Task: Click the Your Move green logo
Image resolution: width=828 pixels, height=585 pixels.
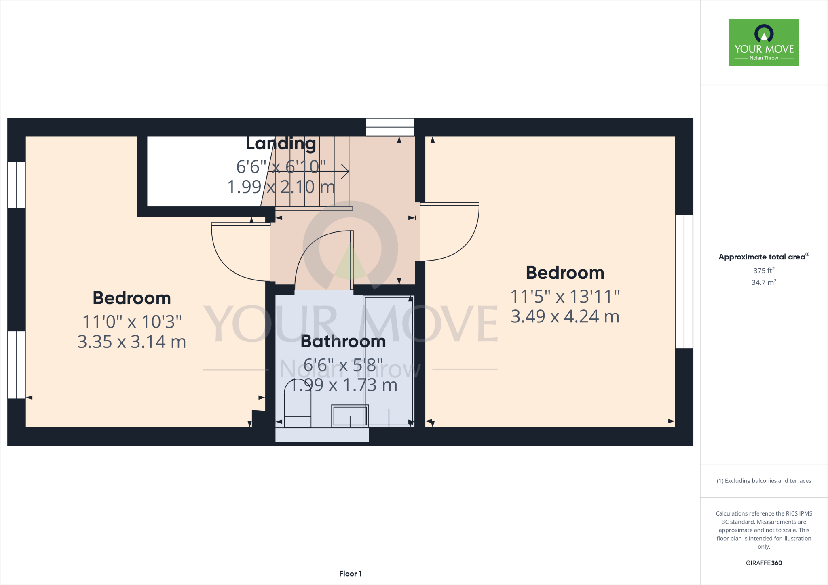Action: click(764, 42)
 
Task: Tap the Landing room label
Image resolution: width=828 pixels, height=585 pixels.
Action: click(281, 143)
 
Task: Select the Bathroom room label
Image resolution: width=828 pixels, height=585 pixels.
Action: click(343, 342)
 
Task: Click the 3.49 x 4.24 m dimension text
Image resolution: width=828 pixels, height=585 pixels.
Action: click(565, 316)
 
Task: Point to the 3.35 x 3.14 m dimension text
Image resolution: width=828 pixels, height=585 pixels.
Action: click(132, 342)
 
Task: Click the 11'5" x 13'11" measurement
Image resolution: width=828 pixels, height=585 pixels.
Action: click(565, 297)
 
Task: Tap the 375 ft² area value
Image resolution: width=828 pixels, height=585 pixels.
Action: click(764, 270)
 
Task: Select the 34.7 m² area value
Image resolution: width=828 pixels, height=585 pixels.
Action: click(764, 282)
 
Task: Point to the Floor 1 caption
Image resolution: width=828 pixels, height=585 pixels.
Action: click(350, 574)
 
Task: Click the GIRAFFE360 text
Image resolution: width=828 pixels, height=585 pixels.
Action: click(764, 563)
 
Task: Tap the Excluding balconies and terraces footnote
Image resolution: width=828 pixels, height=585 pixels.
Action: click(764, 481)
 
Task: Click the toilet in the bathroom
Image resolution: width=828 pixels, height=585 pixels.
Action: click(298, 404)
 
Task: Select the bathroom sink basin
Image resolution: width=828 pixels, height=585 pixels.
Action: click(350, 416)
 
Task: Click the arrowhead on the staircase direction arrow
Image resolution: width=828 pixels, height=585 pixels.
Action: click(346, 171)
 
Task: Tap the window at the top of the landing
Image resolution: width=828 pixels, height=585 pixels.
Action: click(390, 127)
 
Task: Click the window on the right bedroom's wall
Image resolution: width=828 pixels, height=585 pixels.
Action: click(684, 282)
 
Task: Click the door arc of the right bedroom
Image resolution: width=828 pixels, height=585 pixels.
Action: click(465, 242)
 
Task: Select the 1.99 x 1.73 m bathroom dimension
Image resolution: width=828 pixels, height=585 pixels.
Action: click(343, 385)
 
